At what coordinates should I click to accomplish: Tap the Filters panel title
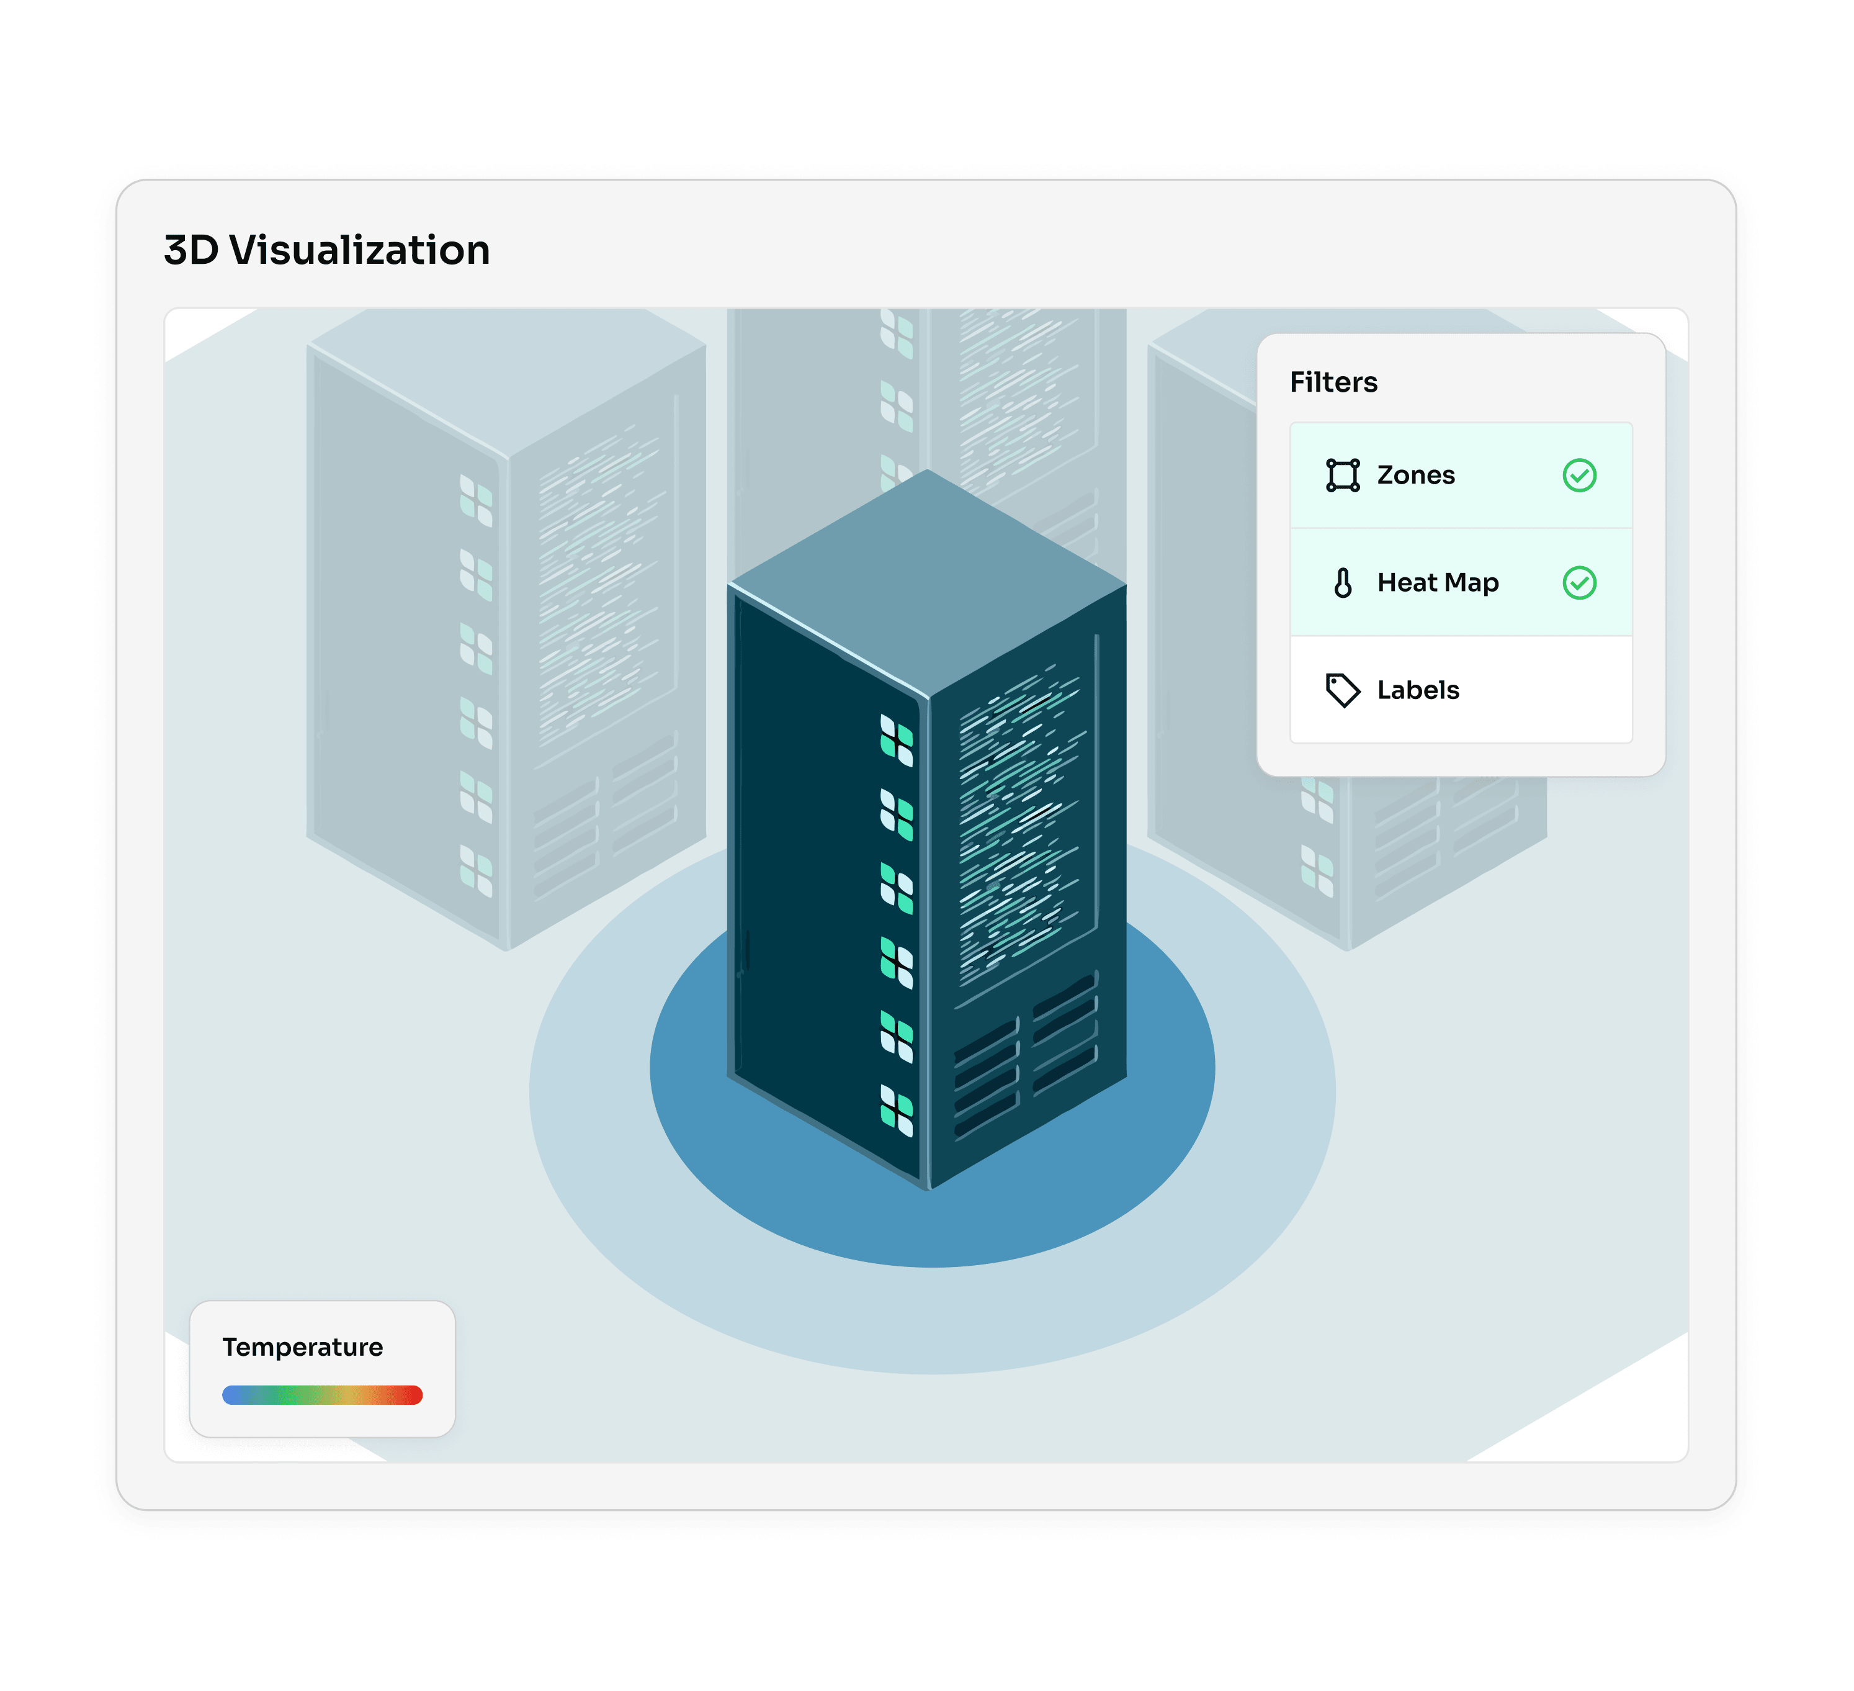click(1333, 382)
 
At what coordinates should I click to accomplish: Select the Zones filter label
click(1415, 475)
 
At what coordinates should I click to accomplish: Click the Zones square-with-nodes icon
click(1343, 475)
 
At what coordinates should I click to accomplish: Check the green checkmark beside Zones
click(1579, 475)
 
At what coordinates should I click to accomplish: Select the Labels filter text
click(1418, 690)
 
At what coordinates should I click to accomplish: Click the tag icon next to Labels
click(1343, 690)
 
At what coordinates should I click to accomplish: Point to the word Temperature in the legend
click(303, 1347)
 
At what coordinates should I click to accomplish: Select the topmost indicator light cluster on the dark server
click(897, 741)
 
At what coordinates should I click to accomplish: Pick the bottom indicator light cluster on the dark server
click(897, 1111)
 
